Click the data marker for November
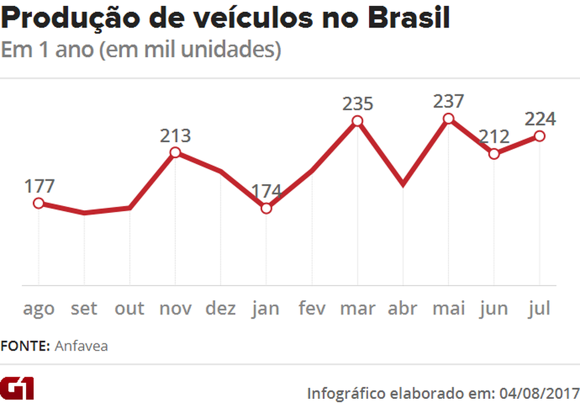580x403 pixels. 175,153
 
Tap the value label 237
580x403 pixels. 448,101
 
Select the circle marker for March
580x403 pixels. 357,121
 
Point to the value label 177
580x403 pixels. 39,186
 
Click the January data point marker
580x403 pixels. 266,208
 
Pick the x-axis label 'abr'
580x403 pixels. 403,308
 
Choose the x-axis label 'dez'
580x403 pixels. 220,308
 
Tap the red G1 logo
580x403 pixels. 18,389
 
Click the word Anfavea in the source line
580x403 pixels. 81,346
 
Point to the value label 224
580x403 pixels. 540,119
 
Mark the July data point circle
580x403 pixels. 539,136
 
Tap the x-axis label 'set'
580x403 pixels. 84,308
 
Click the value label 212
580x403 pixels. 494,137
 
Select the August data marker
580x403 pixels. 38,203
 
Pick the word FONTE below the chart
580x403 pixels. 25,346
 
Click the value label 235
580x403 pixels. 358,104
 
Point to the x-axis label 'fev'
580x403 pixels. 311,308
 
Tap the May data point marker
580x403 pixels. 448,119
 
